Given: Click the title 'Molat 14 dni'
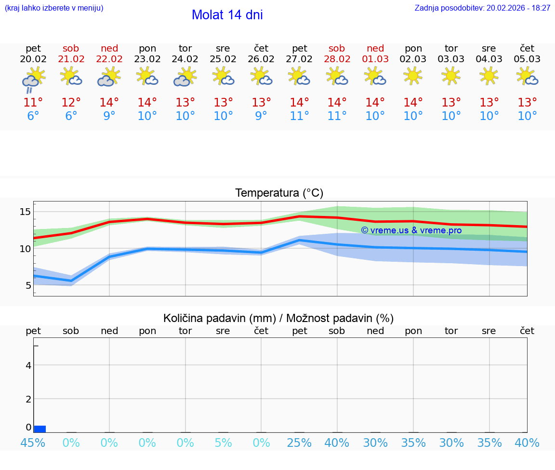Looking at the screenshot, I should tap(227, 15).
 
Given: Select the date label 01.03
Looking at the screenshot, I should tap(375, 59).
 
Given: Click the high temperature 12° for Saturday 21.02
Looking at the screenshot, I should tap(71, 103).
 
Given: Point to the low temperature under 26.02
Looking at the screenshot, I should tap(261, 116).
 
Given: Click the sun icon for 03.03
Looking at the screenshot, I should tap(451, 76).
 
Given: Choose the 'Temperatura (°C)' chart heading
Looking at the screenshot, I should tap(279, 193).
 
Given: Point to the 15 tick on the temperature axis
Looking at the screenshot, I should tap(25, 212).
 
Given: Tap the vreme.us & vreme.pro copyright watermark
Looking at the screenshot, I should tap(411, 230).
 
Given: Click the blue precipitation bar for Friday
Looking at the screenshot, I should tap(40, 429).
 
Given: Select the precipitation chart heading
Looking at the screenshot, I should tap(278, 318).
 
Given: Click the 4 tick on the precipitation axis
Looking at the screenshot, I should tap(28, 365).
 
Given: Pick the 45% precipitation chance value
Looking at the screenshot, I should tap(33, 443).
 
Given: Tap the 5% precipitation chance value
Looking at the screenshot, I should tap(223, 443).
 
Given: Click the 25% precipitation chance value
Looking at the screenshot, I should tap(299, 443).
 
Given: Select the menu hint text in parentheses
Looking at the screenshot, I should tap(54, 8).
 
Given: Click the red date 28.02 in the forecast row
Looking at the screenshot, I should tap(337, 59).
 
